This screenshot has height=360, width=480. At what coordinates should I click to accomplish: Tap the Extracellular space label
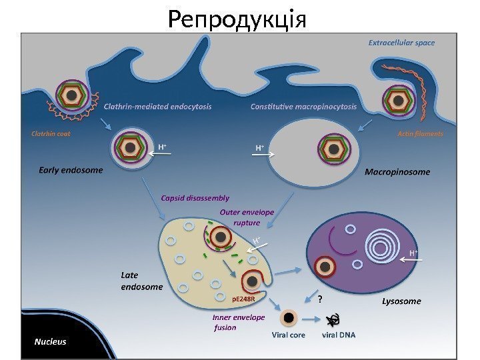(x=401, y=43)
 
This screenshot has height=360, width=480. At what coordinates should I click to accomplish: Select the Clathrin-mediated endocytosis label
(x=158, y=106)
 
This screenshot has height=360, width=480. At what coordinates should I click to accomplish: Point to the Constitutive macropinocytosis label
(x=303, y=106)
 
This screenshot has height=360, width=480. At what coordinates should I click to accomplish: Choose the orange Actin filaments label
(x=420, y=133)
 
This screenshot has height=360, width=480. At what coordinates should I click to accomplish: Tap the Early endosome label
(x=70, y=170)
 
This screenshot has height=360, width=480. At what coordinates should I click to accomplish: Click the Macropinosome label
(x=397, y=172)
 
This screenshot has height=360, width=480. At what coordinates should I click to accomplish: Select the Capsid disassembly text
(x=195, y=197)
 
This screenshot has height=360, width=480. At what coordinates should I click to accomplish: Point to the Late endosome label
(x=141, y=281)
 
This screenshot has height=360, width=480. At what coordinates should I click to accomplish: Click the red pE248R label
(x=243, y=299)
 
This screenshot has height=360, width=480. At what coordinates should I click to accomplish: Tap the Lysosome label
(x=401, y=301)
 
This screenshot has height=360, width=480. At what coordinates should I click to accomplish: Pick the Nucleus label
(x=51, y=342)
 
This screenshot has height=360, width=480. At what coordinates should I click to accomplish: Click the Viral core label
(x=288, y=335)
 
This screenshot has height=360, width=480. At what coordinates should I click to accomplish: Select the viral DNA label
(x=338, y=335)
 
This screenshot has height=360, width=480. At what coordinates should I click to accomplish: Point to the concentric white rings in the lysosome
(x=381, y=247)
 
